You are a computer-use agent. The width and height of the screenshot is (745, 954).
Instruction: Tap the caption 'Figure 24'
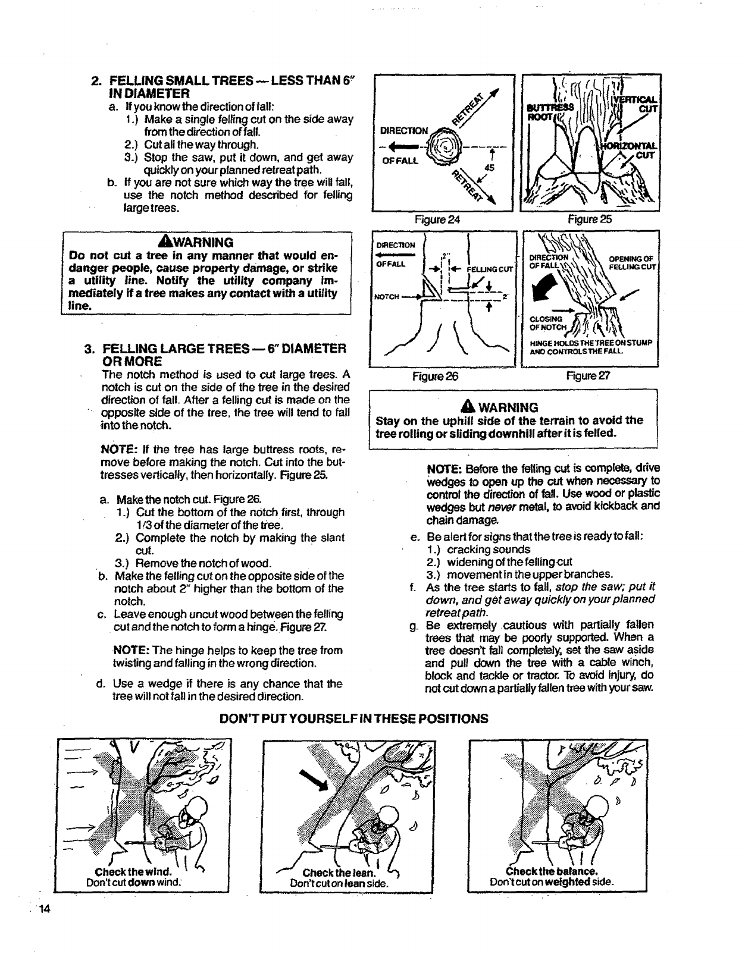click(438, 219)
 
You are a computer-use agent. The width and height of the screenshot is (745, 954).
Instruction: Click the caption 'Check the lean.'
click(338, 873)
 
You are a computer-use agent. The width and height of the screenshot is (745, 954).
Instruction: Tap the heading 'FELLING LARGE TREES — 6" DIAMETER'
click(224, 349)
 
